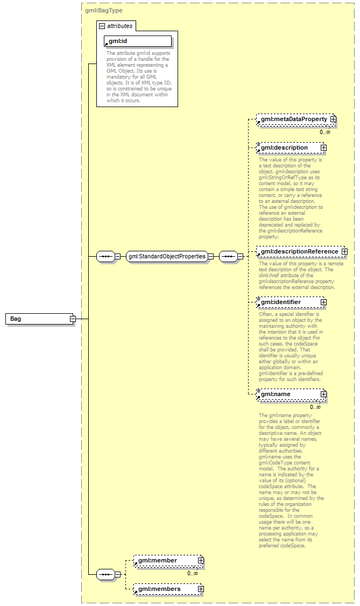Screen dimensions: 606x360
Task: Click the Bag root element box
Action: (x=38, y=319)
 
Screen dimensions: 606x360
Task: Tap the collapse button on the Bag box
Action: (x=72, y=319)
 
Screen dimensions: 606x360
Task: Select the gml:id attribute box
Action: (x=138, y=41)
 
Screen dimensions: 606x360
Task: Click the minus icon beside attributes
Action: (x=101, y=26)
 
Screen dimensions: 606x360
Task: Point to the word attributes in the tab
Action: (x=119, y=26)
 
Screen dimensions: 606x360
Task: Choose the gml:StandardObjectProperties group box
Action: (x=167, y=257)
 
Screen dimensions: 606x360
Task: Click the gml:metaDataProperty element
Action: (x=293, y=119)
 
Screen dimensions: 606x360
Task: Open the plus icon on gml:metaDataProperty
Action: (x=334, y=119)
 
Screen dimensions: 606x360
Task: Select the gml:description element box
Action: (x=288, y=147)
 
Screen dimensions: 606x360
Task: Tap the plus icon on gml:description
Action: (x=323, y=147)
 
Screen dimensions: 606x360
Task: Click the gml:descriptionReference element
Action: (x=299, y=251)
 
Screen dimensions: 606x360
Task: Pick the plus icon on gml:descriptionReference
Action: (x=344, y=251)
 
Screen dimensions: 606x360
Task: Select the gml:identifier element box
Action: (x=288, y=302)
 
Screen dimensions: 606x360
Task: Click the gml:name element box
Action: (x=288, y=394)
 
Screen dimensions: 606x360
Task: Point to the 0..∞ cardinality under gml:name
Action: (x=315, y=407)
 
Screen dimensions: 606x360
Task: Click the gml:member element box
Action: (x=164, y=561)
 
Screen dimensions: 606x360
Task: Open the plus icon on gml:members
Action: (x=201, y=589)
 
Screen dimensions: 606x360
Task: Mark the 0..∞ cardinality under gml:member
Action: (x=193, y=573)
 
